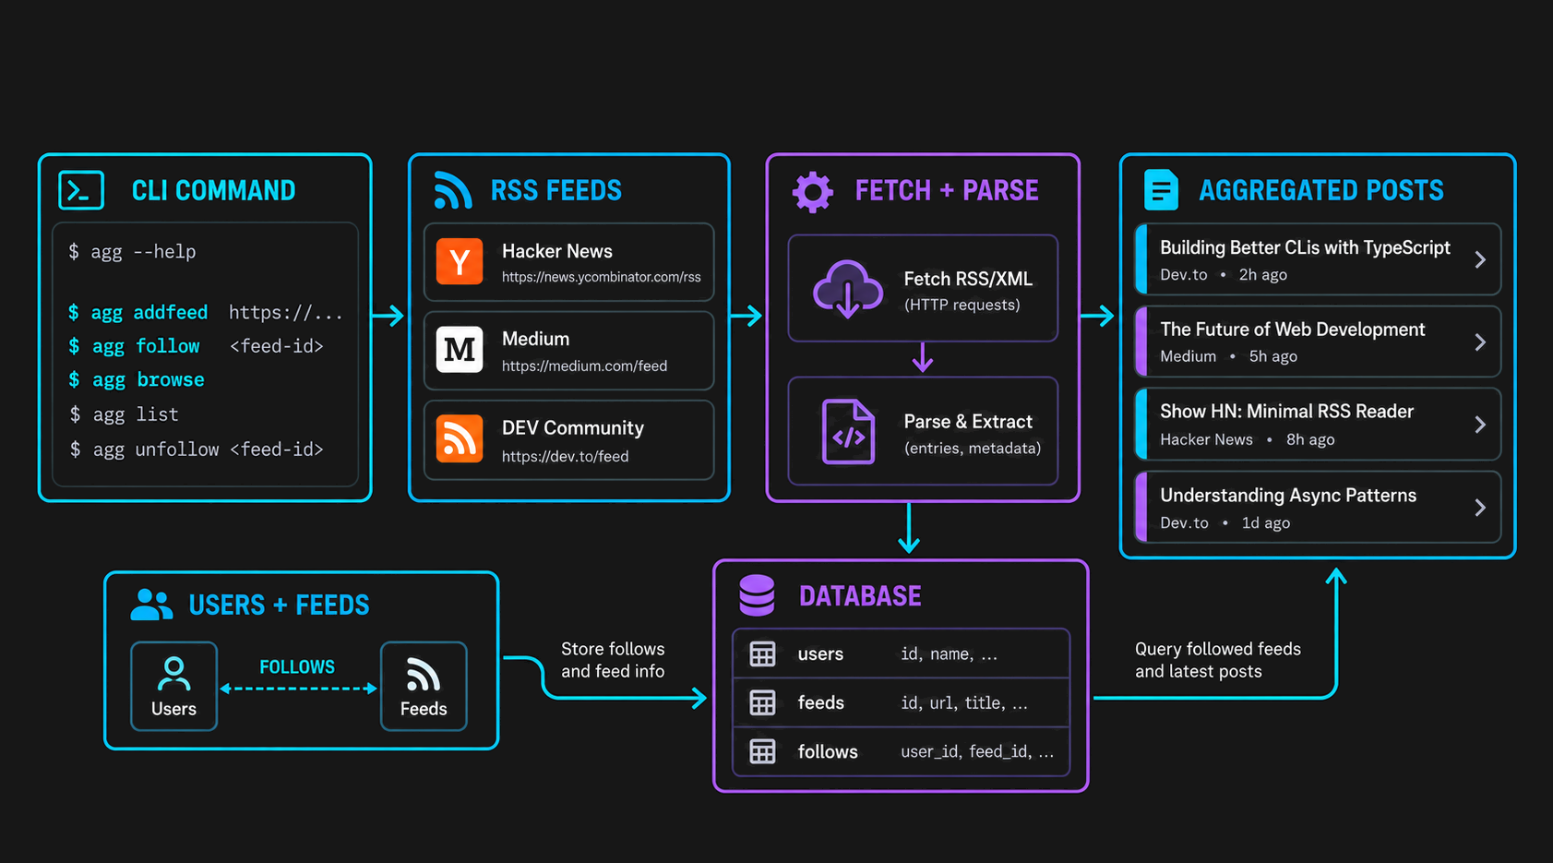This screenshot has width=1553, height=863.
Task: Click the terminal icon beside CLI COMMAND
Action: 82,190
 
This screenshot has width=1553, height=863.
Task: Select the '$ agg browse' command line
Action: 137,379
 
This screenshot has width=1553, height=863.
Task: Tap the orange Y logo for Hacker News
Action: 460,261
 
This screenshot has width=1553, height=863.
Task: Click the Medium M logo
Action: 460,350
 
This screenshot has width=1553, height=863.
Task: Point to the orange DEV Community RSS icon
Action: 460,438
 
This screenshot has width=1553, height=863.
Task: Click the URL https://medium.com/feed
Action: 584,366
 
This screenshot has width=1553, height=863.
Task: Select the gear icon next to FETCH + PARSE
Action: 813,191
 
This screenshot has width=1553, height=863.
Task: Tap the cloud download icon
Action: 848,289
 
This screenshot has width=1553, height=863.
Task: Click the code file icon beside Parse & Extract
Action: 848,432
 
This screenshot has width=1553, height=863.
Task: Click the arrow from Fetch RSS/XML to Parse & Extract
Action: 923,357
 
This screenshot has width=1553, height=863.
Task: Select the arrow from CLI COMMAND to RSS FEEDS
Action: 388,316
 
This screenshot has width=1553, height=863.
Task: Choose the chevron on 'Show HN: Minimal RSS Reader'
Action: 1480,425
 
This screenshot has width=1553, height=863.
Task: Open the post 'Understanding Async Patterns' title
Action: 1288,496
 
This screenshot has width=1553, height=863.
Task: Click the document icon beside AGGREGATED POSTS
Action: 1161,190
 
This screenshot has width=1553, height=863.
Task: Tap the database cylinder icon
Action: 757,595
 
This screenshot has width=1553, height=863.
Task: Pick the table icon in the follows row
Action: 762,751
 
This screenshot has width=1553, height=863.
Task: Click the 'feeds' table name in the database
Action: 821,702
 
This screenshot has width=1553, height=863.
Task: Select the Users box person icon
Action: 173,674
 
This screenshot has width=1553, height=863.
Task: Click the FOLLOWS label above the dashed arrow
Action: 297,666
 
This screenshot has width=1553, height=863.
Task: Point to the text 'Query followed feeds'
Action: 1217,650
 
